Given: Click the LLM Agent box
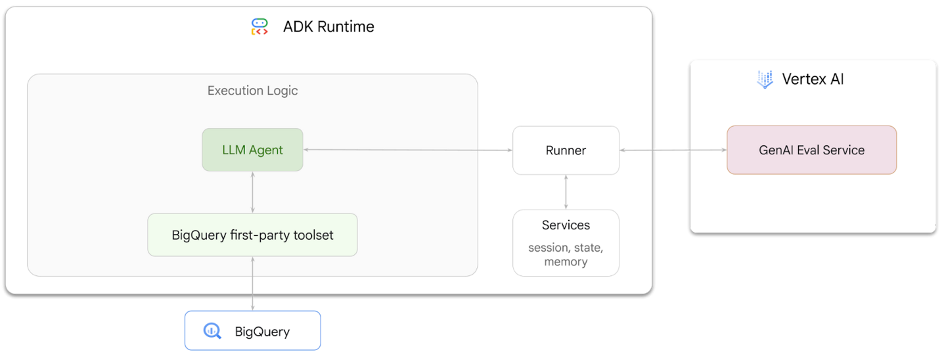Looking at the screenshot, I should click(x=252, y=150).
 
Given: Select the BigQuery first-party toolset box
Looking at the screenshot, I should click(x=252, y=235).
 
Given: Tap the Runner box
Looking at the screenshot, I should click(x=566, y=150).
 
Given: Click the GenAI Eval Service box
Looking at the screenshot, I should click(x=811, y=150).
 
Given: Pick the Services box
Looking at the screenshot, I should click(x=566, y=242).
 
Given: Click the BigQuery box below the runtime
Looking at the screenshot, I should click(x=252, y=330).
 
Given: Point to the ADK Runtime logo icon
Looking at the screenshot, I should click(x=260, y=27).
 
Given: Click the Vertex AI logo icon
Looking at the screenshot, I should click(x=765, y=79).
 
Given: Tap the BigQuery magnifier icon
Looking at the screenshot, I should click(x=212, y=331).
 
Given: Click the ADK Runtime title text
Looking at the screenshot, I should click(x=328, y=27).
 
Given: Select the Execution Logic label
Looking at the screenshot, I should click(x=252, y=91).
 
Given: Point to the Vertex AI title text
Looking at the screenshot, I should click(x=813, y=79).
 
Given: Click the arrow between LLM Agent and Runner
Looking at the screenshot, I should click(x=407, y=150).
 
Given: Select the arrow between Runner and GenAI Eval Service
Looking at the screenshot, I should click(x=673, y=150).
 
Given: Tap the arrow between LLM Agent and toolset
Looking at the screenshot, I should click(x=253, y=192).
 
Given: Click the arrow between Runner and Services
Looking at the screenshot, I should click(x=566, y=192).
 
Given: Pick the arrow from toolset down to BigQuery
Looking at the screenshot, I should click(x=253, y=283).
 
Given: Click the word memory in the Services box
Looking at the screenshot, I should click(x=566, y=261).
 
